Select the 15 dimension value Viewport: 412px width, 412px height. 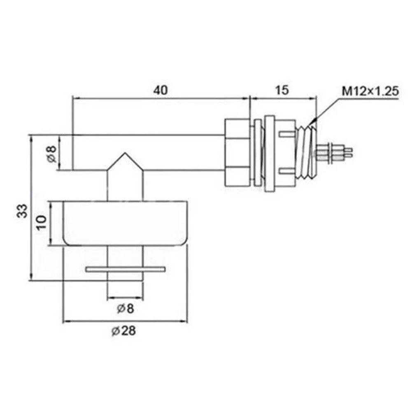click(282, 90)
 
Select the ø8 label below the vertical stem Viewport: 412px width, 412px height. click(125, 308)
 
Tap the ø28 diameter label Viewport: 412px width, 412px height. click(125, 331)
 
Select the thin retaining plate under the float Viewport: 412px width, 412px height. click(125, 269)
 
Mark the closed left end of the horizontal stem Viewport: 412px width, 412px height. click(73, 152)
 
